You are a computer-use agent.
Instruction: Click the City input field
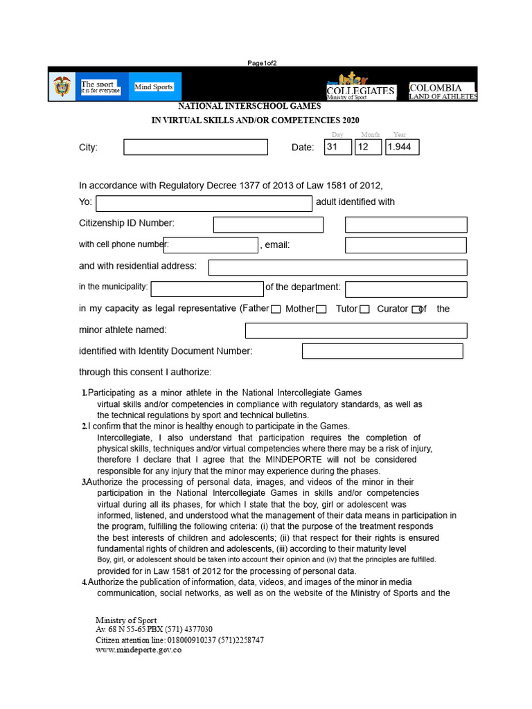[x=195, y=147]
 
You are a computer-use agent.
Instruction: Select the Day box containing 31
[x=338, y=147]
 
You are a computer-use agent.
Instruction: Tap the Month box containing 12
[x=368, y=147]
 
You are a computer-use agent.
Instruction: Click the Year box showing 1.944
[x=402, y=147]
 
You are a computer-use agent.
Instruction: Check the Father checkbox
[x=276, y=309]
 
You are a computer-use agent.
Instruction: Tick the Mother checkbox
[x=321, y=309]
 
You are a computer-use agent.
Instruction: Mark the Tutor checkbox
[x=364, y=309]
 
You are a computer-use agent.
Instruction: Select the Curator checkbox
[x=416, y=309]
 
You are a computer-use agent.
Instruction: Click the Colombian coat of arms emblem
[x=62, y=87]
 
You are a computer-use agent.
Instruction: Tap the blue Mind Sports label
[x=154, y=87]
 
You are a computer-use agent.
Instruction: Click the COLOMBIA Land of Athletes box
[x=443, y=91]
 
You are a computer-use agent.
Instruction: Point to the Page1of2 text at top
[x=262, y=63]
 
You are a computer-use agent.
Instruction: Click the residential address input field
[x=337, y=267]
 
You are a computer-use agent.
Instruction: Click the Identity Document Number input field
[x=382, y=351]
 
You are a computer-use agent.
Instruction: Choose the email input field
[x=405, y=245]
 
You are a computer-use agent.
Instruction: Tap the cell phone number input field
[x=211, y=244]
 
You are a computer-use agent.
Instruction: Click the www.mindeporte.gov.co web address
[x=139, y=650]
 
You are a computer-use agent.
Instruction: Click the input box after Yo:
[x=204, y=203]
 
